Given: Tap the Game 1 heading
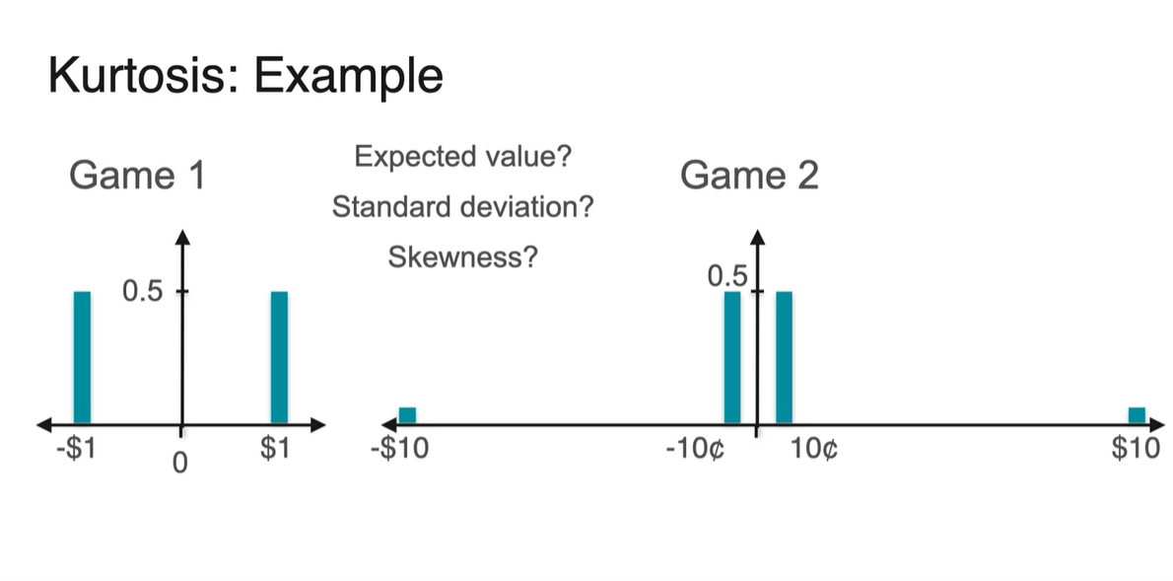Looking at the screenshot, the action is [137, 176].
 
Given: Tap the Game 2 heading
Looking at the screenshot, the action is [749, 176].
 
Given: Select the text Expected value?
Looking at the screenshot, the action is [463, 157].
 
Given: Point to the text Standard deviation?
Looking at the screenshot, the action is [463, 206].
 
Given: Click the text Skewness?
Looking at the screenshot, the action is [463, 257].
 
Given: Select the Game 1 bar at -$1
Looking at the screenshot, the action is [82, 358].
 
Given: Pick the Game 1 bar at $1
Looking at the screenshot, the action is [279, 358].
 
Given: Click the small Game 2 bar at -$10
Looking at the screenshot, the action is [407, 415].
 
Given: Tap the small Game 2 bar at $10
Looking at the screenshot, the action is [1138, 415].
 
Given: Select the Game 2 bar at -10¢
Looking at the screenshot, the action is [732, 358].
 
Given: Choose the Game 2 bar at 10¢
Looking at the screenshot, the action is [784, 358].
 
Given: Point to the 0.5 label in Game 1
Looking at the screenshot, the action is [142, 291].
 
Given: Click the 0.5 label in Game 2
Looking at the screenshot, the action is [727, 277].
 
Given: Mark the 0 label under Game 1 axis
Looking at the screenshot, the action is [179, 463].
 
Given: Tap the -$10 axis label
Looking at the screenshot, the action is [400, 449].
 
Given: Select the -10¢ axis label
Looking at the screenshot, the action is [695, 450].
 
